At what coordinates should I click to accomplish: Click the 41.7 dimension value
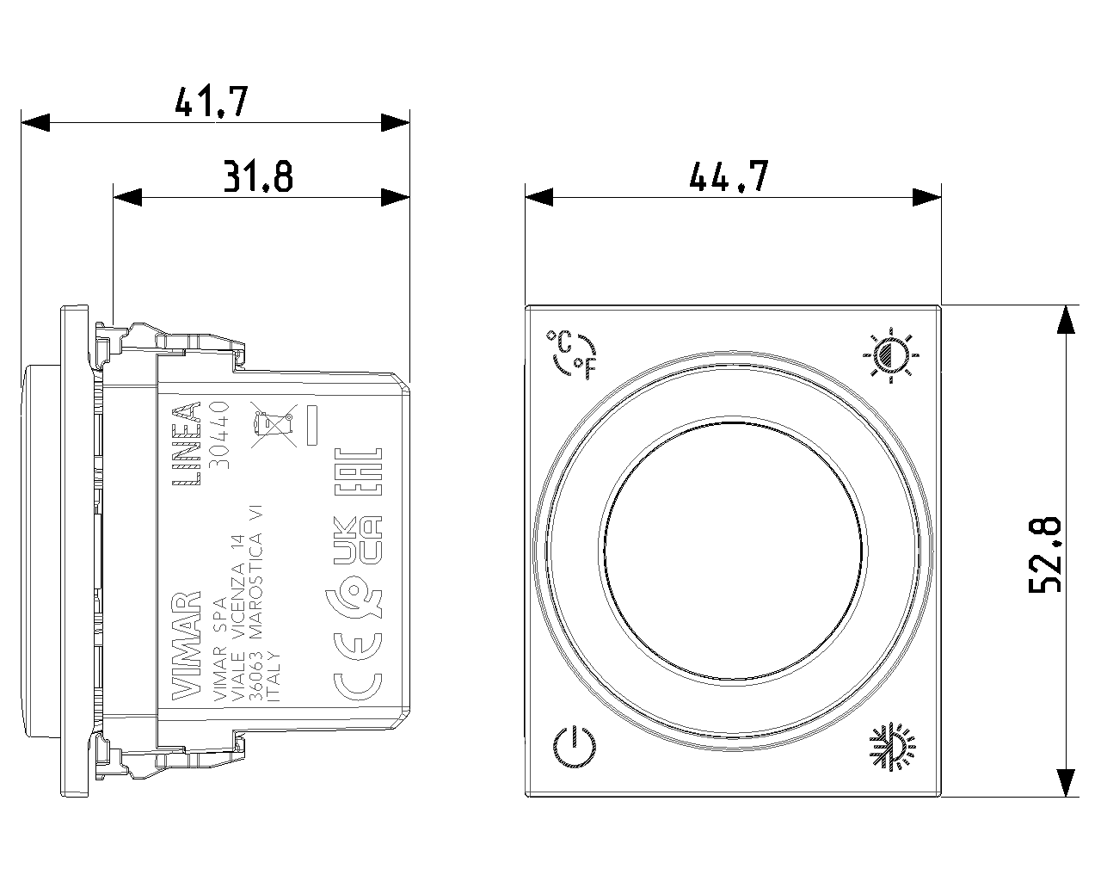coord(212,102)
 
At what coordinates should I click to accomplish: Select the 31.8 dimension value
coord(258,176)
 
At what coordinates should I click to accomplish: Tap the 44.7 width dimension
coord(729,176)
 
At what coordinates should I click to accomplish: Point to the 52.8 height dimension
coord(1045,555)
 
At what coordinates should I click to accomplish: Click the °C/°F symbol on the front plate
coord(573,354)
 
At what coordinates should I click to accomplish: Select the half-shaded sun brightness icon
coord(891,354)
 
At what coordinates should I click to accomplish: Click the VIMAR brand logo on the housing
coord(187,645)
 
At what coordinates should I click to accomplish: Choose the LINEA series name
coord(187,443)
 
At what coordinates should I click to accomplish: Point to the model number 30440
coord(220,434)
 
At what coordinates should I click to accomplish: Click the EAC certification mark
coord(358,471)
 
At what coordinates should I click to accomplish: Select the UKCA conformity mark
coord(358,540)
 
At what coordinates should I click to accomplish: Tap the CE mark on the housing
coord(358,667)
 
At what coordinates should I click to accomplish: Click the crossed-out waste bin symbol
coord(274,424)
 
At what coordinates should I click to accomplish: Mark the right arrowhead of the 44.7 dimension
coord(927,197)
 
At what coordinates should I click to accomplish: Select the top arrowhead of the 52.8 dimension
coord(1066,319)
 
